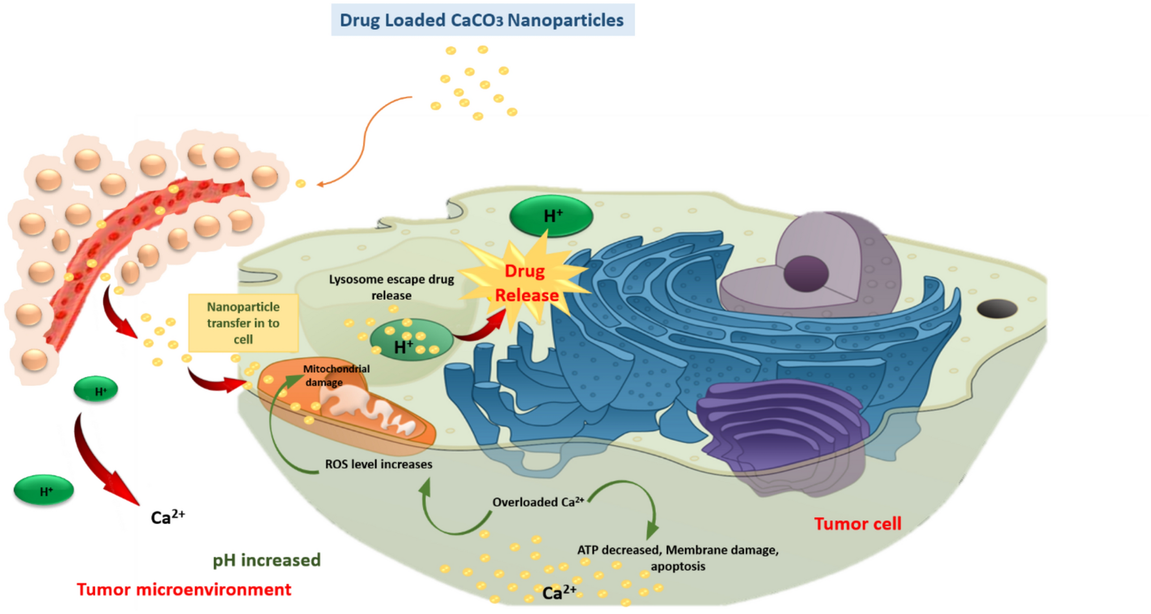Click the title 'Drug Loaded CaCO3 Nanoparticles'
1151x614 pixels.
(x=482, y=20)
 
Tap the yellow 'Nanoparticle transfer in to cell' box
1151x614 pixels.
(x=243, y=323)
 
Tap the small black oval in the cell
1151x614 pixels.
(x=997, y=309)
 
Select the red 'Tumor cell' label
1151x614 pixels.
(x=857, y=524)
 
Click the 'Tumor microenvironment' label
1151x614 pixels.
(x=184, y=590)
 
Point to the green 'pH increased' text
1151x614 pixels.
(x=266, y=560)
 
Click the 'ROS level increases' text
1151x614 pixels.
(x=378, y=464)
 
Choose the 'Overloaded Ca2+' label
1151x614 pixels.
(x=538, y=502)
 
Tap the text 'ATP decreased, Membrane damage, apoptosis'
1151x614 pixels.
(x=678, y=557)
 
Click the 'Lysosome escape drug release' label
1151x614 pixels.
(x=391, y=287)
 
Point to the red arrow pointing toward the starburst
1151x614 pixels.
(x=482, y=329)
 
